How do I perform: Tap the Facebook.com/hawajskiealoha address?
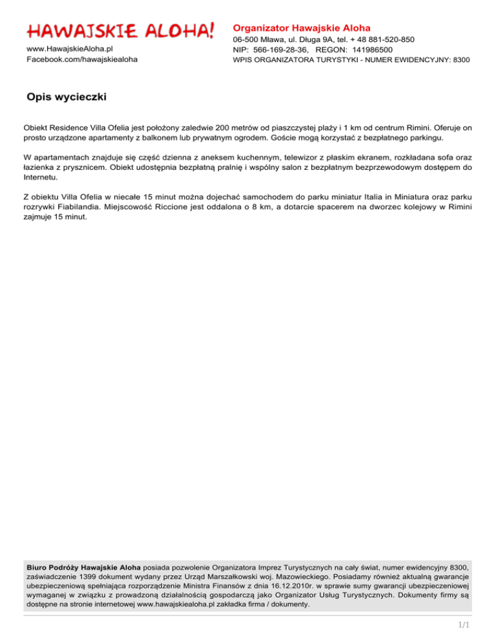tap(81, 59)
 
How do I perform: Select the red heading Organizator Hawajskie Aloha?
tap(302, 28)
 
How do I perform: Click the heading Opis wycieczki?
tap(67, 98)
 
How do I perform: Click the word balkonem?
tap(182, 138)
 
